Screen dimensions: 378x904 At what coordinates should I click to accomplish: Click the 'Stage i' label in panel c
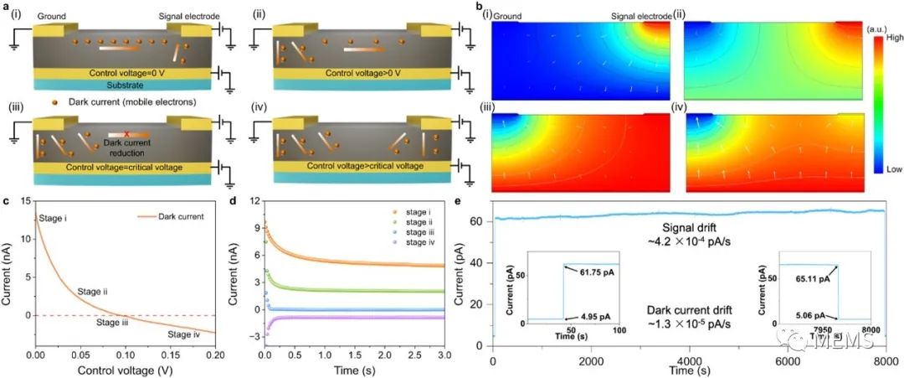click(55, 219)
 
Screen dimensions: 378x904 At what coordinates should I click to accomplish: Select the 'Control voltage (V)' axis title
click(125, 370)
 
